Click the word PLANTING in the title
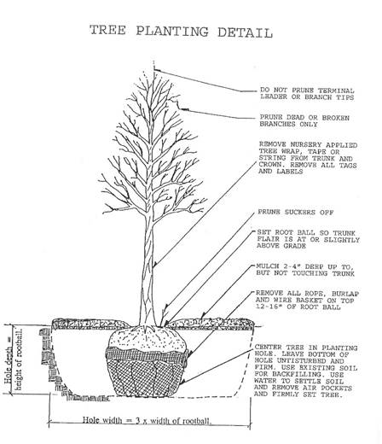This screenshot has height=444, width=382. click(172, 31)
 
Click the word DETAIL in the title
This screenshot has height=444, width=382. click(245, 32)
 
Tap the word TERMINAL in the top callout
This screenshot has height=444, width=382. click(336, 91)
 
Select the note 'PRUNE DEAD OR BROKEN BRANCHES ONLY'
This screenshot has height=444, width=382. click(304, 120)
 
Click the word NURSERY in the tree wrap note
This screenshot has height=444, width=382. click(304, 145)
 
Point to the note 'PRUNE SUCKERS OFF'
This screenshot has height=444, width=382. click(295, 213)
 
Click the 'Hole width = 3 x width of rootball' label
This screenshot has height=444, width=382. click(147, 420)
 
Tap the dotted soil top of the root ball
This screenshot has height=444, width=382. click(147, 339)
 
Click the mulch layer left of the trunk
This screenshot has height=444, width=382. click(91, 324)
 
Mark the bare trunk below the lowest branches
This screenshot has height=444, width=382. click(148, 273)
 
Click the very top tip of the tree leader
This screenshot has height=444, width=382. click(153, 61)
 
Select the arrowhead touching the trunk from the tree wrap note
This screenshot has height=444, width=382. click(154, 265)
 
